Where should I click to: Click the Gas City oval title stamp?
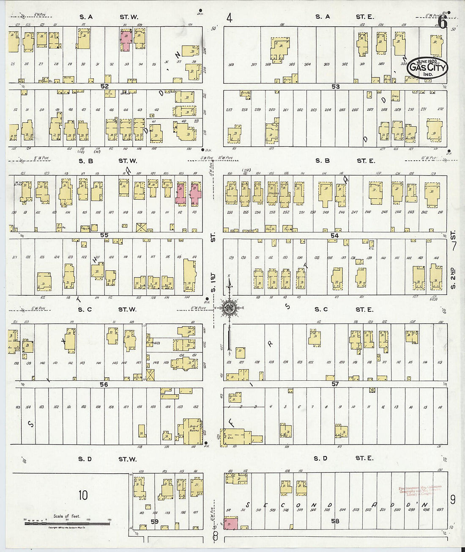(x=427, y=67)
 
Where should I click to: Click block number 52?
(x=104, y=86)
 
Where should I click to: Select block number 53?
(x=335, y=86)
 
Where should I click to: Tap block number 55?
(x=104, y=235)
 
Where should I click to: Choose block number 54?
(x=335, y=235)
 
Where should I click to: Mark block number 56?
(x=104, y=384)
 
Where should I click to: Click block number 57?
(x=335, y=384)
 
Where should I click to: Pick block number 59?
(x=155, y=522)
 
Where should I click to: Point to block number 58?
(x=335, y=521)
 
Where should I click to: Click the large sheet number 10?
(x=83, y=495)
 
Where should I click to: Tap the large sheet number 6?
(x=442, y=22)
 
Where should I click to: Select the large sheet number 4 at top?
(x=229, y=18)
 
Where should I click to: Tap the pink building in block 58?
(x=231, y=523)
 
